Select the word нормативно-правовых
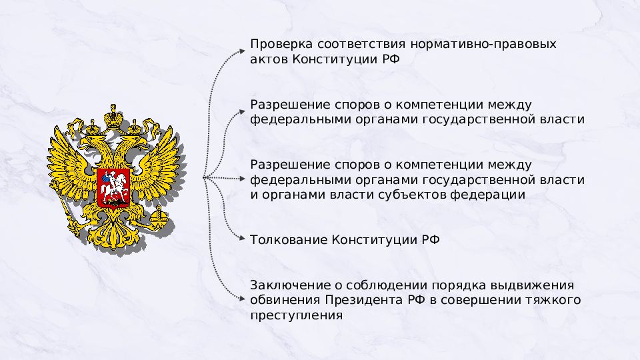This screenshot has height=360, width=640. tap(483, 45)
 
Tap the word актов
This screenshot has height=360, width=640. tap(269, 59)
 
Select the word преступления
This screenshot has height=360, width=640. tap(296, 315)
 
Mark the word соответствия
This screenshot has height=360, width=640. tap(361, 45)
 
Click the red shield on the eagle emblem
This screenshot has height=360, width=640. tap(114, 188)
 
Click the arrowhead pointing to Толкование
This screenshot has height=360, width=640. tap(242, 238)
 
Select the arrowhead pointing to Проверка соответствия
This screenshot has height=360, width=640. tap(242, 52)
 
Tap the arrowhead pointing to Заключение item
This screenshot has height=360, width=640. tap(242, 299)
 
